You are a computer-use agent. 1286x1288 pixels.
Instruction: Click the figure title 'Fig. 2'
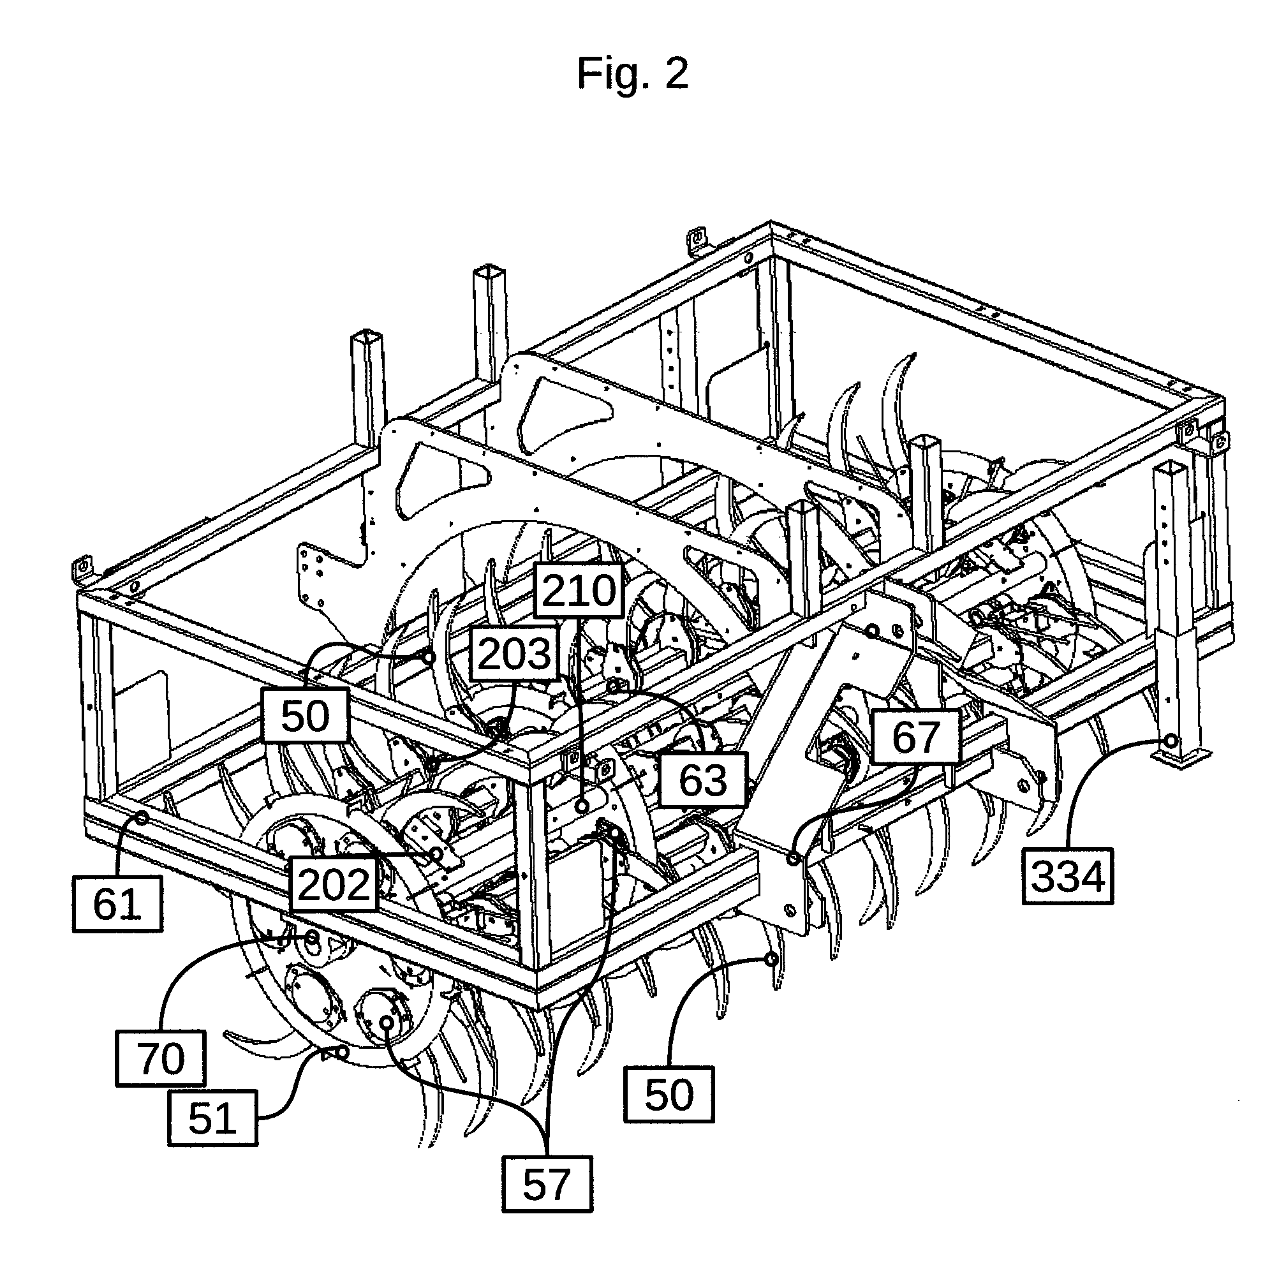pos(632,73)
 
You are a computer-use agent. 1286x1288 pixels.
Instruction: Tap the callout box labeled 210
pos(578,591)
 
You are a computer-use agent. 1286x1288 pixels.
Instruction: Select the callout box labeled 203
pos(515,653)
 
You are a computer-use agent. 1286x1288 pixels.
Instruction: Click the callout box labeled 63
pos(703,781)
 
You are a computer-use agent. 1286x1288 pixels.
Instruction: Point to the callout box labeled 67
pos(916,736)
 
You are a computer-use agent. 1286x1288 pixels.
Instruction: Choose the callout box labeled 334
pos(1068,876)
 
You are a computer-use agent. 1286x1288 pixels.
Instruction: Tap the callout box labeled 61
pos(117,904)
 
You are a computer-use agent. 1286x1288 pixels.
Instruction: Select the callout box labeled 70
pos(161,1058)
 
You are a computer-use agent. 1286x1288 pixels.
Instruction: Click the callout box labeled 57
pos(547,1184)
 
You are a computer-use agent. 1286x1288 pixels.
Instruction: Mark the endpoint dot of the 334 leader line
pos(1171,741)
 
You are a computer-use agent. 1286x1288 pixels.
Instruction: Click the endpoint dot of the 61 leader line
pos(142,817)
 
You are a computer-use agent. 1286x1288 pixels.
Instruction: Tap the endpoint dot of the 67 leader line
pos(794,858)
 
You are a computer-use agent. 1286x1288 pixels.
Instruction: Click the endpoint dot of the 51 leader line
pos(343,1052)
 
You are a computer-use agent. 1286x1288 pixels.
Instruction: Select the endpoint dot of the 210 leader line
pos(582,806)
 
